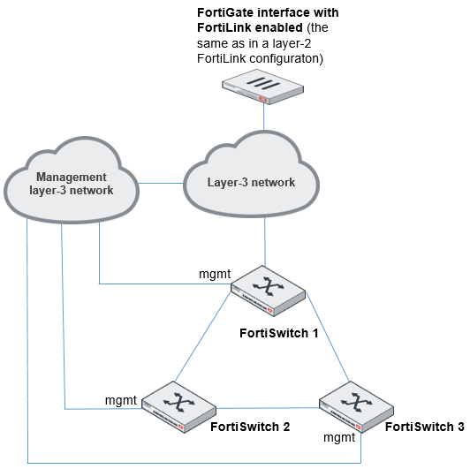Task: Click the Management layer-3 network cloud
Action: point(71,184)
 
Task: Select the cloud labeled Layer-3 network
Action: point(251,181)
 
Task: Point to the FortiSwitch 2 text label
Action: point(250,427)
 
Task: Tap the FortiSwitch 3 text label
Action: point(425,427)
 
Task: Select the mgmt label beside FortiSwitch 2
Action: point(121,400)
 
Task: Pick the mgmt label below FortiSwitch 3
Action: point(340,436)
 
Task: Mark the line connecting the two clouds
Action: point(160,184)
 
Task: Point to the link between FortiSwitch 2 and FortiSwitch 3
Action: point(265,408)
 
